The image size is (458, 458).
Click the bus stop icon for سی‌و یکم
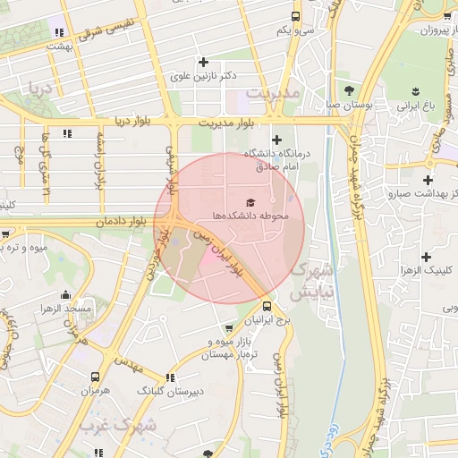[296, 16]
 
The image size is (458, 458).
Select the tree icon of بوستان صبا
[348, 90]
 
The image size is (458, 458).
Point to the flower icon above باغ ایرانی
[416, 90]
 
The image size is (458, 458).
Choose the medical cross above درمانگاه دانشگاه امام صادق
[276, 140]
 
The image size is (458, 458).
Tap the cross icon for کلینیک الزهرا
[426, 256]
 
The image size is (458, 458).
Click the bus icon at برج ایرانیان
[267, 306]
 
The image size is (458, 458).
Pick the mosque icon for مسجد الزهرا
[64, 294]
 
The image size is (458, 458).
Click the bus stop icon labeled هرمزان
[95, 377]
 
